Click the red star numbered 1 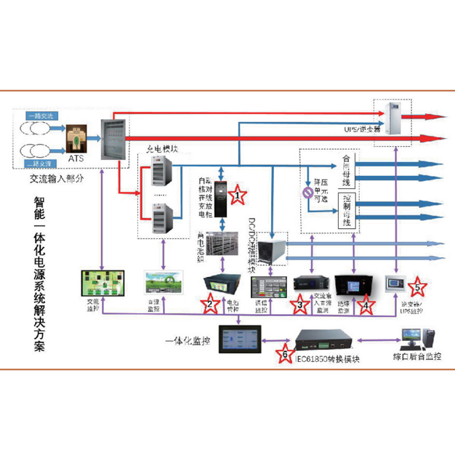237,195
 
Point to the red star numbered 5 418,285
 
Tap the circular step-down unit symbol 307,193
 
